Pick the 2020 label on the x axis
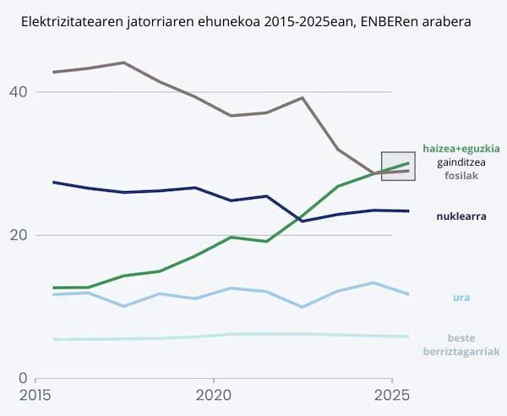(214, 395)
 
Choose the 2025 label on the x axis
(392, 395)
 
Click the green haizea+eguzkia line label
(461, 148)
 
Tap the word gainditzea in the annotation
(461, 162)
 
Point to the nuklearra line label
(461, 216)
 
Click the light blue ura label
(461, 297)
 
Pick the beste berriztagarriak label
(461, 344)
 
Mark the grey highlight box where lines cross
(398, 166)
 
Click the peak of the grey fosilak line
(124, 63)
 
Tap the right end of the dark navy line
(409, 211)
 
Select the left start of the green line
(53, 287)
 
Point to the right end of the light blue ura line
(409, 294)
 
